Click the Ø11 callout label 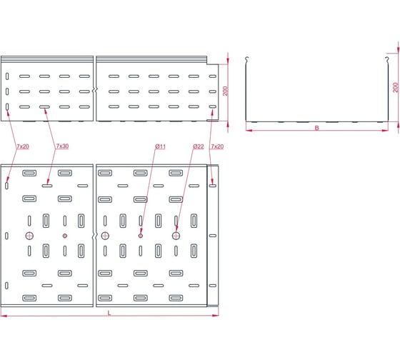[161, 146]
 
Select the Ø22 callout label [199, 146]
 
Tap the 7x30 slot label [62, 146]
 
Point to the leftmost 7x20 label [23, 146]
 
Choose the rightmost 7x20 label [217, 146]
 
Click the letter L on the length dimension [109, 313]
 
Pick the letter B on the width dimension [317, 128]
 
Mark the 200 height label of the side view [225, 91]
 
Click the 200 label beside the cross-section [396, 88]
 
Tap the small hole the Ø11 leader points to [141, 236]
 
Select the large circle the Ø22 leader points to [176, 236]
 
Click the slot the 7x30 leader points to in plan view [47, 186]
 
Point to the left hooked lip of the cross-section [246, 60]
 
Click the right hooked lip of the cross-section [387, 60]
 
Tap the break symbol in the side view [94, 90]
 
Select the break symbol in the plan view [94, 236]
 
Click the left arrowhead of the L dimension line [4, 316]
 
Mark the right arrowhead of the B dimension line [385, 131]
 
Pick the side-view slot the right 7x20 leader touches [213, 106]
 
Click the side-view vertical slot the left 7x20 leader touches [7, 106]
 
